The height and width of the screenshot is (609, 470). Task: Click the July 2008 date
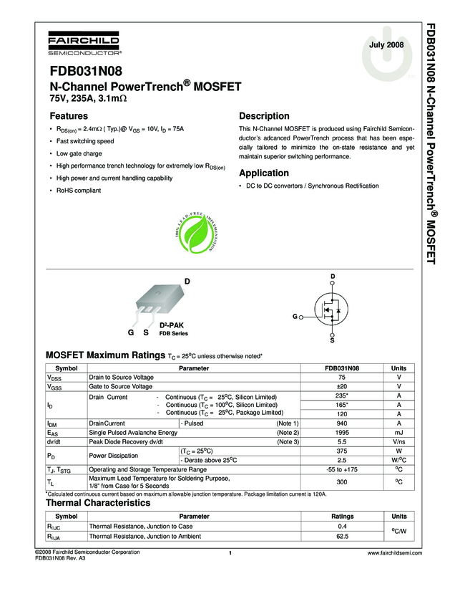[x=386, y=45]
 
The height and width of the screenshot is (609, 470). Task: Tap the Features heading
[x=69, y=116]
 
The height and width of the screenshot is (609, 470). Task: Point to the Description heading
[x=264, y=116]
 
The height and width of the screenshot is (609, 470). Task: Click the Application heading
[x=264, y=173]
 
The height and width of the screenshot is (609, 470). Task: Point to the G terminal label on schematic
[x=295, y=316]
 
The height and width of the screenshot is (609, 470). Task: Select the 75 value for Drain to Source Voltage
[x=342, y=377]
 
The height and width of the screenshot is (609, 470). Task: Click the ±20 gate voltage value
[x=342, y=386]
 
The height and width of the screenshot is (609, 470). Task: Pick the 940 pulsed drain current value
[x=342, y=424]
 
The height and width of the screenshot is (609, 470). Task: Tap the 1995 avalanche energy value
[x=342, y=433]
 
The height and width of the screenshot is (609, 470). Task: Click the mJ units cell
[x=398, y=433]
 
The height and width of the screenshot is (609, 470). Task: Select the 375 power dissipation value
[x=342, y=451]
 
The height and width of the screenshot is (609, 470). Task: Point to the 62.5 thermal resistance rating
[x=342, y=536]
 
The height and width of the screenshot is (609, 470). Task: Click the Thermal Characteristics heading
[x=98, y=504]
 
